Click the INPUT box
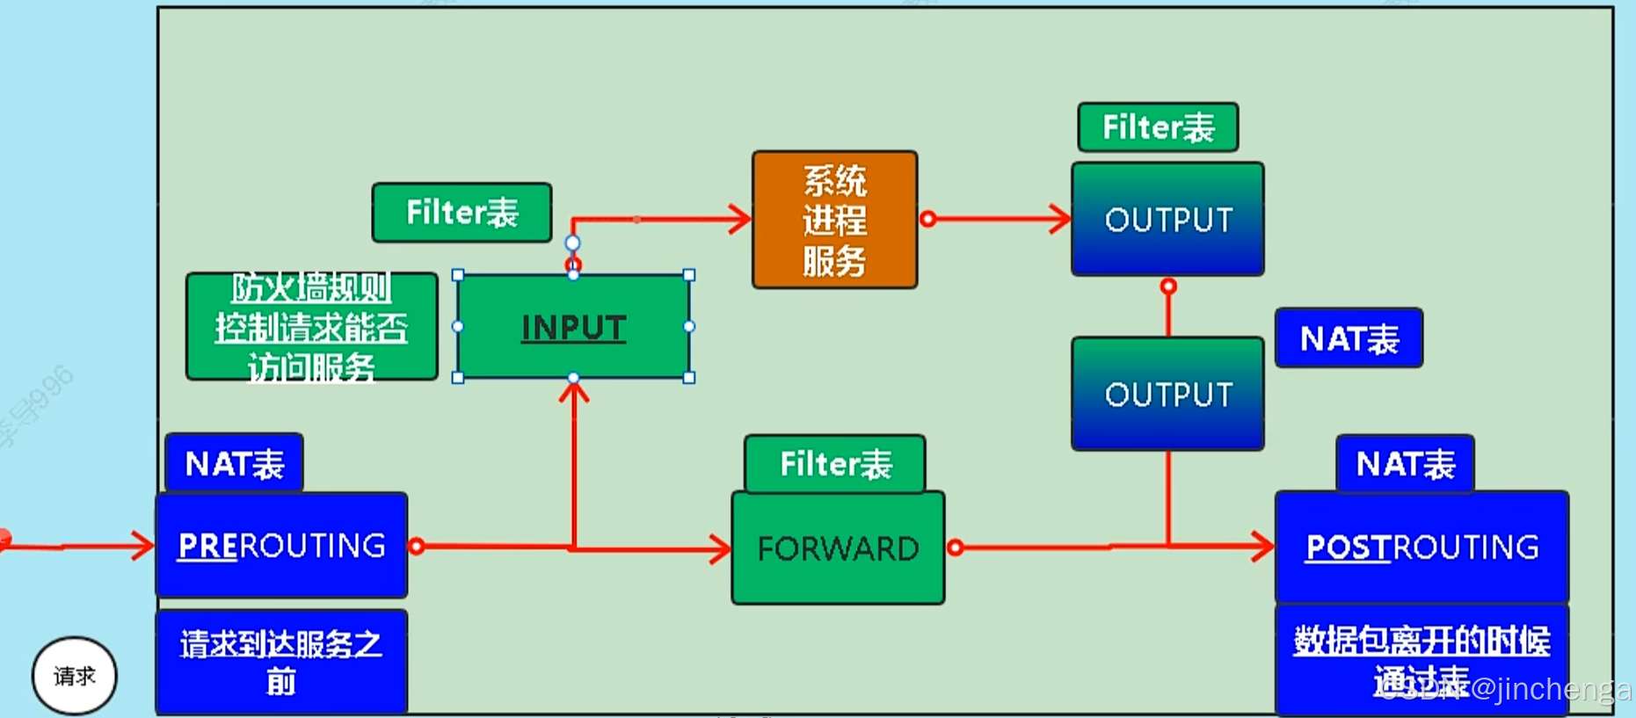click(573, 327)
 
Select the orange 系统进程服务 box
click(834, 220)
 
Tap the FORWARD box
click(838, 548)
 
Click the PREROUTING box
click(281, 546)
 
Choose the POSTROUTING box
click(1422, 548)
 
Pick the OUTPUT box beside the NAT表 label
click(1167, 394)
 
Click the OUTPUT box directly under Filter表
click(1167, 220)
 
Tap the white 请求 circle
click(75, 676)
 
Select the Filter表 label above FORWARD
click(835, 464)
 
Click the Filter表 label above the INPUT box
click(462, 213)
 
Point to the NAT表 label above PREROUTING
click(234, 463)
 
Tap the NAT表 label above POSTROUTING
click(1405, 464)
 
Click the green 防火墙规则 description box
click(311, 327)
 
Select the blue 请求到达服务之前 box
click(281, 662)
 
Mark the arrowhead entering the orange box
click(741, 219)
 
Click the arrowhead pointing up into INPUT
click(574, 391)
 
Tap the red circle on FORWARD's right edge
click(956, 548)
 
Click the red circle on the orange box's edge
click(927, 219)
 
